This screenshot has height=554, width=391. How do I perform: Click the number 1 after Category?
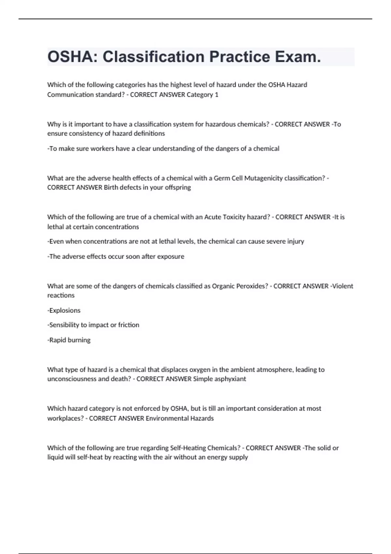[x=217, y=95]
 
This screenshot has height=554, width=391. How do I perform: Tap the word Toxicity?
[x=235, y=217]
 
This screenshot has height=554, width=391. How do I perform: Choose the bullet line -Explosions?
[x=64, y=310]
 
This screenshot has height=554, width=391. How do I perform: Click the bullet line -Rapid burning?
[x=69, y=340]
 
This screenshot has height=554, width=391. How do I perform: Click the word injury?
[x=296, y=241]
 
